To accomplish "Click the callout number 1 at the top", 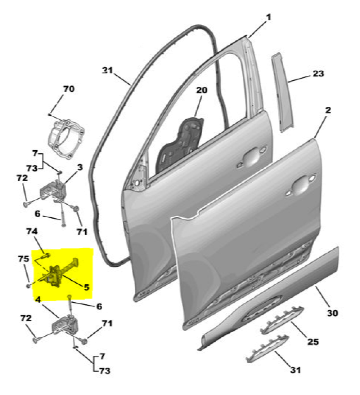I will pyautogui.click(x=269, y=17).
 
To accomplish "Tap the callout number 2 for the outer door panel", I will pyautogui.click(x=328, y=110).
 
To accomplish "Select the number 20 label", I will pyautogui.click(x=202, y=90).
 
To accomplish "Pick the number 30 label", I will pyautogui.click(x=332, y=313).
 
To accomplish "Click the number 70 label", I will pyautogui.click(x=69, y=89).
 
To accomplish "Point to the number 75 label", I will pyautogui.click(x=24, y=259).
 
